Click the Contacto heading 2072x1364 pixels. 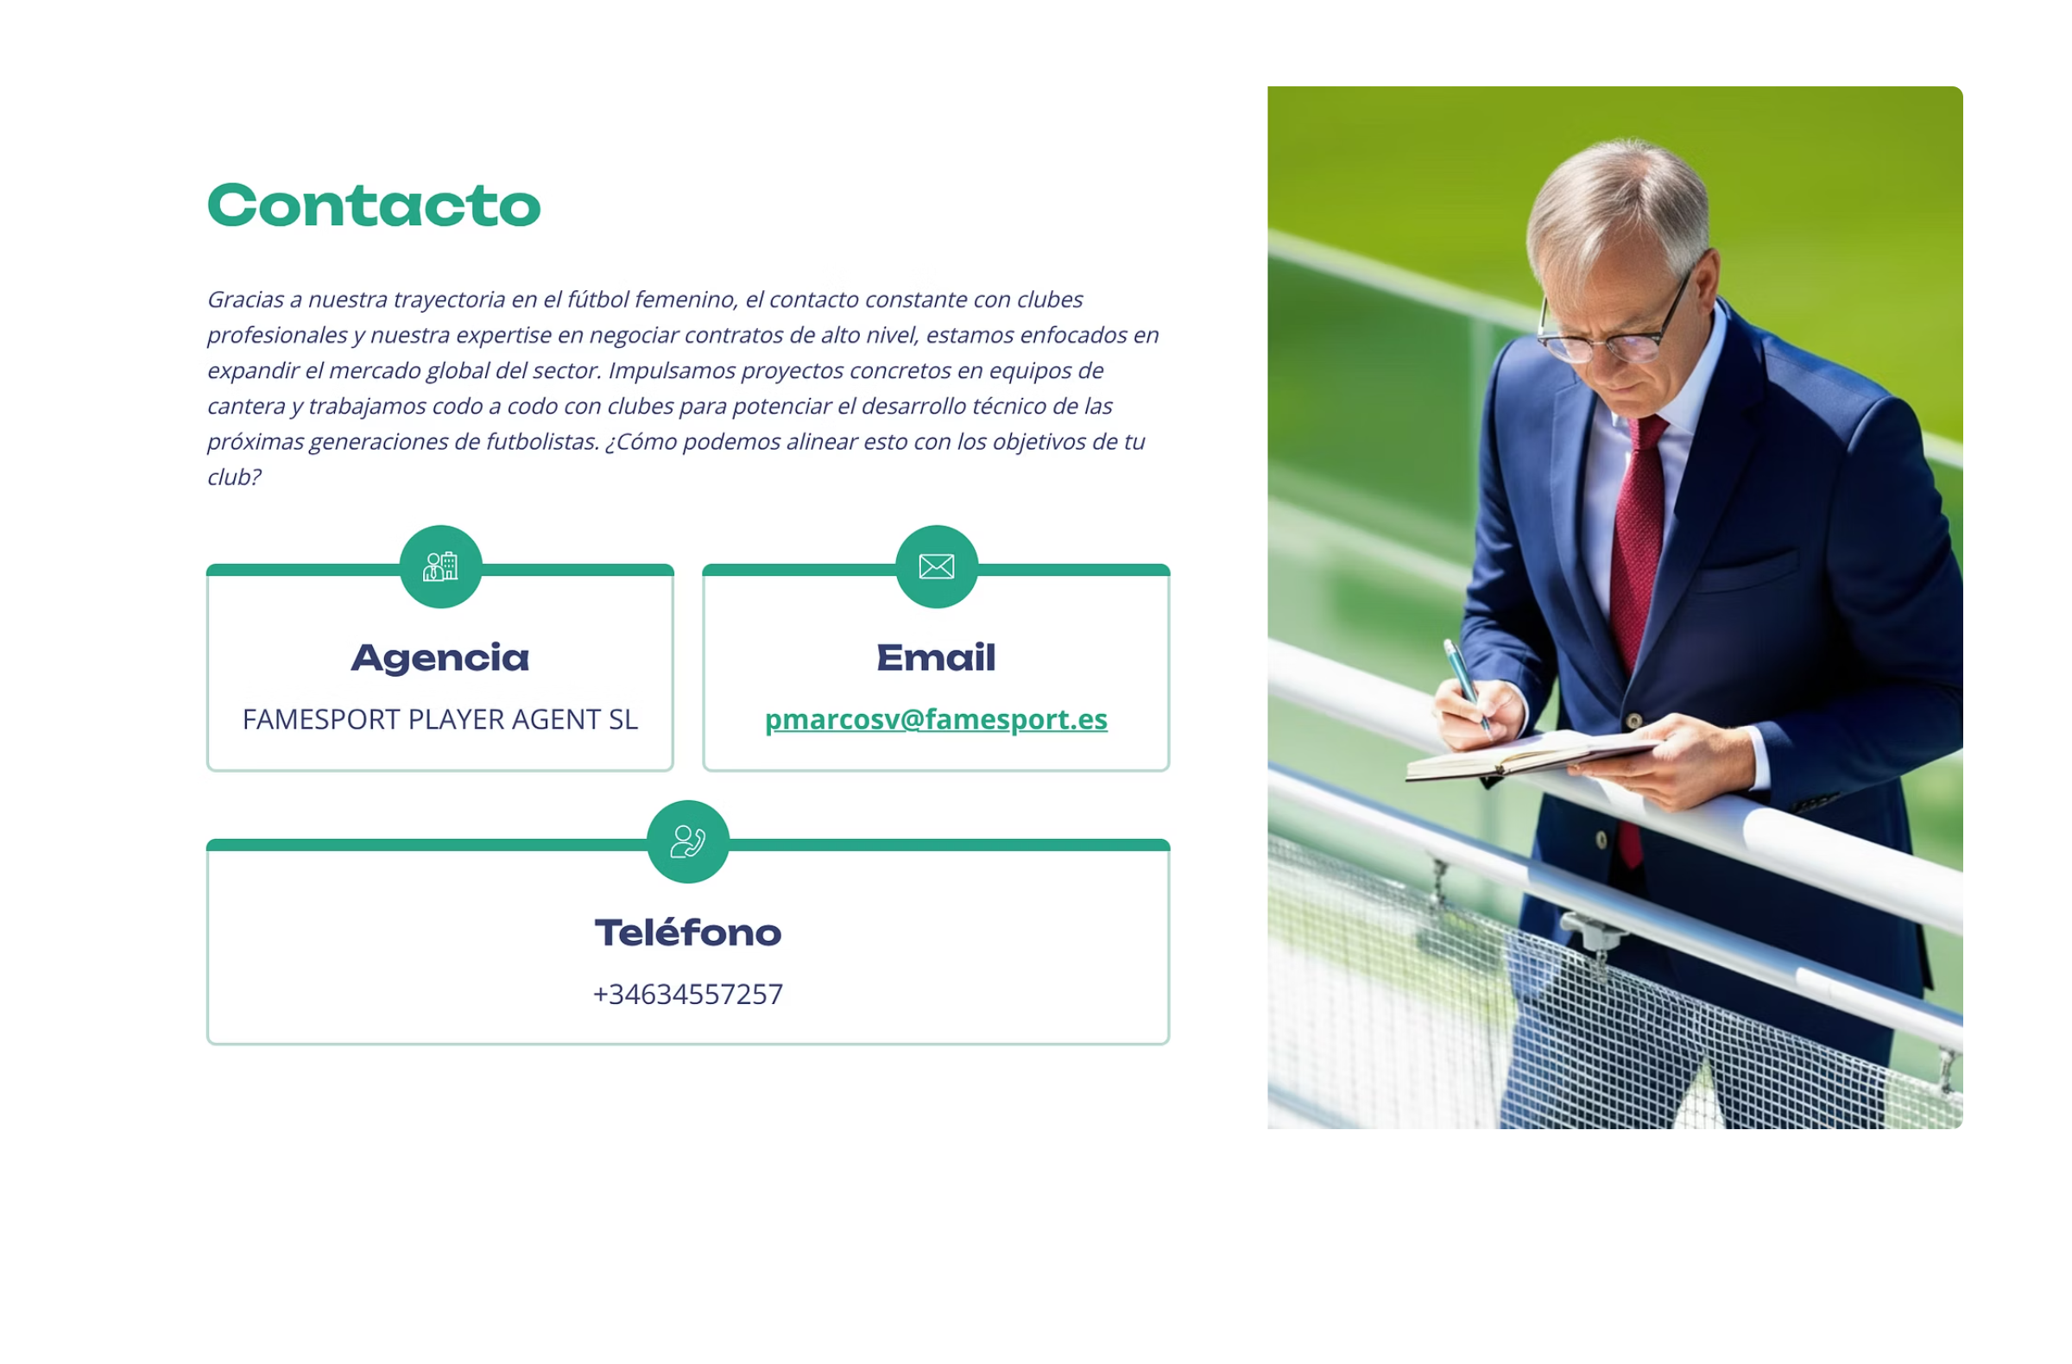375,206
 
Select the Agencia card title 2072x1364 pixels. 440,659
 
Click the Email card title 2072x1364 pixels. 936,657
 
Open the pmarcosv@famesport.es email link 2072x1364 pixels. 936,720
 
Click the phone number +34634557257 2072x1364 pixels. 688,994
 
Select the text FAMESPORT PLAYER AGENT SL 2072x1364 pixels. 440,720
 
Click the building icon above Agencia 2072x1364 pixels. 440,566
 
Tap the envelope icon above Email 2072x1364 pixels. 937,566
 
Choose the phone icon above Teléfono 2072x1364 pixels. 688,842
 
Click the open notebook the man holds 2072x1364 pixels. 1532,755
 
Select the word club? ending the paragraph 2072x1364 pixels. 233,477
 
